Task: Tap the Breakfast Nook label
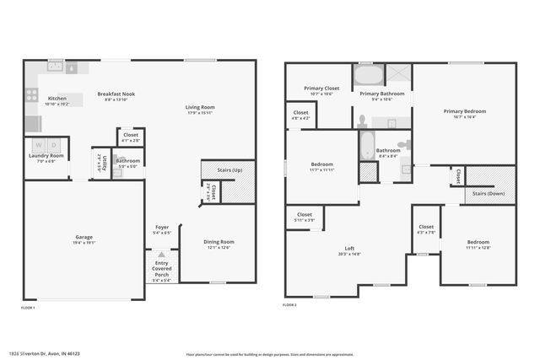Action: pos(116,94)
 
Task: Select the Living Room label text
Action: pos(201,107)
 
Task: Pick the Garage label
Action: pos(83,237)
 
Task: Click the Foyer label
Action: pos(162,227)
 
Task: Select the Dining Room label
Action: pos(219,242)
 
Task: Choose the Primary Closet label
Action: pos(321,88)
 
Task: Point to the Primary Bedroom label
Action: pos(464,111)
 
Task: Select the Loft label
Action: pos(348,248)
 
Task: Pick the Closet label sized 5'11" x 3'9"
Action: pos(305,215)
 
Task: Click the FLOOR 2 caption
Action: pos(290,304)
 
